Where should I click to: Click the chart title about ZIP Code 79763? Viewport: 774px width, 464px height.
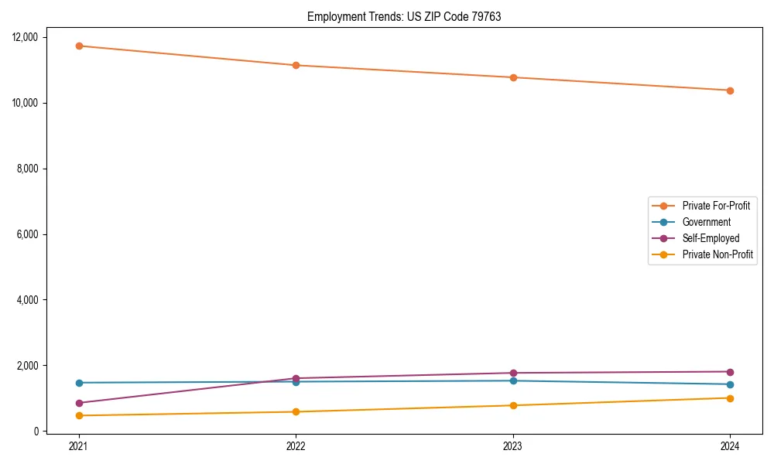[x=404, y=17]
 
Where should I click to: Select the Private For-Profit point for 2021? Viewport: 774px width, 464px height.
[x=79, y=46]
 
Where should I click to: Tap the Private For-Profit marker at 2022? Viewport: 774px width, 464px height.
[x=296, y=65]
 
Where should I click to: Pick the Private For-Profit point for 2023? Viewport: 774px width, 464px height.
[x=513, y=77]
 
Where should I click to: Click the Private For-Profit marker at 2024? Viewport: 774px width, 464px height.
[x=730, y=90]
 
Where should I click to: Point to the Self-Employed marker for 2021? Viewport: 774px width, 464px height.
[x=79, y=403]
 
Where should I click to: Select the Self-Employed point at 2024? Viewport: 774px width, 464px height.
[x=730, y=372]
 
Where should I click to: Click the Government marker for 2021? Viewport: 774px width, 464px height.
[x=79, y=383]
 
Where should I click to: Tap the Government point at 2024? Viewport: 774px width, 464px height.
[x=730, y=384]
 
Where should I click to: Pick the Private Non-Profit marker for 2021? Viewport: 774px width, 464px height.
[x=79, y=415]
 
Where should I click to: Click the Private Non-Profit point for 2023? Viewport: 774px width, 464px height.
[x=513, y=405]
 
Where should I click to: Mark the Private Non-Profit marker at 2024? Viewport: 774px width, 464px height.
[x=730, y=398]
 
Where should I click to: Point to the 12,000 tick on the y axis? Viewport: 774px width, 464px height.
[x=31, y=37]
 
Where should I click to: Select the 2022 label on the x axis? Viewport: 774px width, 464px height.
[x=296, y=446]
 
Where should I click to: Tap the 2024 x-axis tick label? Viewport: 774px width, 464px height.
[x=730, y=446]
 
